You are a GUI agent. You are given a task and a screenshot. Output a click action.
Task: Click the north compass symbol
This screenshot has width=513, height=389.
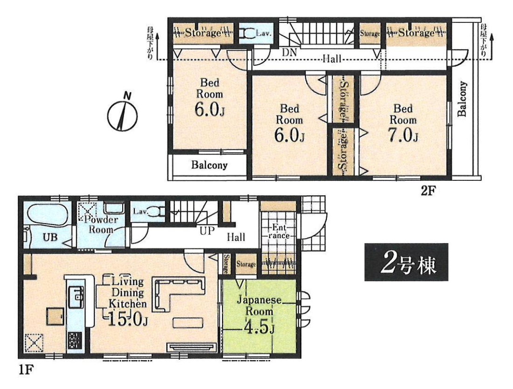click(122, 115)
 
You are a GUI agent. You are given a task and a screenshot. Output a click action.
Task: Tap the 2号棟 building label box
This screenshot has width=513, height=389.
click(406, 262)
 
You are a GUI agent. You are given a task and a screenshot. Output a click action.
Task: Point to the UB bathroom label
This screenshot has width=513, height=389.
click(50, 237)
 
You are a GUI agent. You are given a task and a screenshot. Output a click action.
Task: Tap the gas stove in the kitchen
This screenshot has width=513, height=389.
click(75, 341)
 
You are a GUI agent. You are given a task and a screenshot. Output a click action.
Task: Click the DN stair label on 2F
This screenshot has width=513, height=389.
click(289, 52)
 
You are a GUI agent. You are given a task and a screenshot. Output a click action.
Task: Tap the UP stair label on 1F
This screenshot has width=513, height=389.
click(207, 231)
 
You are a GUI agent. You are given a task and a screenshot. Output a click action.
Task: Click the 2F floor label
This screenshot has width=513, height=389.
click(429, 190)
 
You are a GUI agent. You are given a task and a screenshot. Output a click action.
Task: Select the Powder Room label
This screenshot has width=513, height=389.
click(101, 224)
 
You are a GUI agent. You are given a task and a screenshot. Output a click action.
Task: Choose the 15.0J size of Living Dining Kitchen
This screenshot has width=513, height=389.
click(128, 320)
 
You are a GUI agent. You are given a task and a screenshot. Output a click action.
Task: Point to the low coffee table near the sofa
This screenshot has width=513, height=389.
click(188, 323)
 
